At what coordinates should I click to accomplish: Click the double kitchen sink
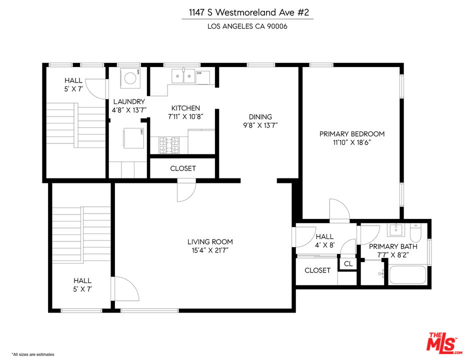pos(183,76)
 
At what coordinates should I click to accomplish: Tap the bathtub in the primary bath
pos(407,275)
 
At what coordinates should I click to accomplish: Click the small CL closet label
pos(347,263)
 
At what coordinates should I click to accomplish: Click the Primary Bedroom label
pos(352,134)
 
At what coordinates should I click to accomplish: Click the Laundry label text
pos(128,101)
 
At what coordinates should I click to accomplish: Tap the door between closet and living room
pos(186,191)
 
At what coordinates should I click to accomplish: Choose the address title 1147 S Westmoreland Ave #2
pos(247,12)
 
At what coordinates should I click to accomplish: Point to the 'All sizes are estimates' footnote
pos(33,354)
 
